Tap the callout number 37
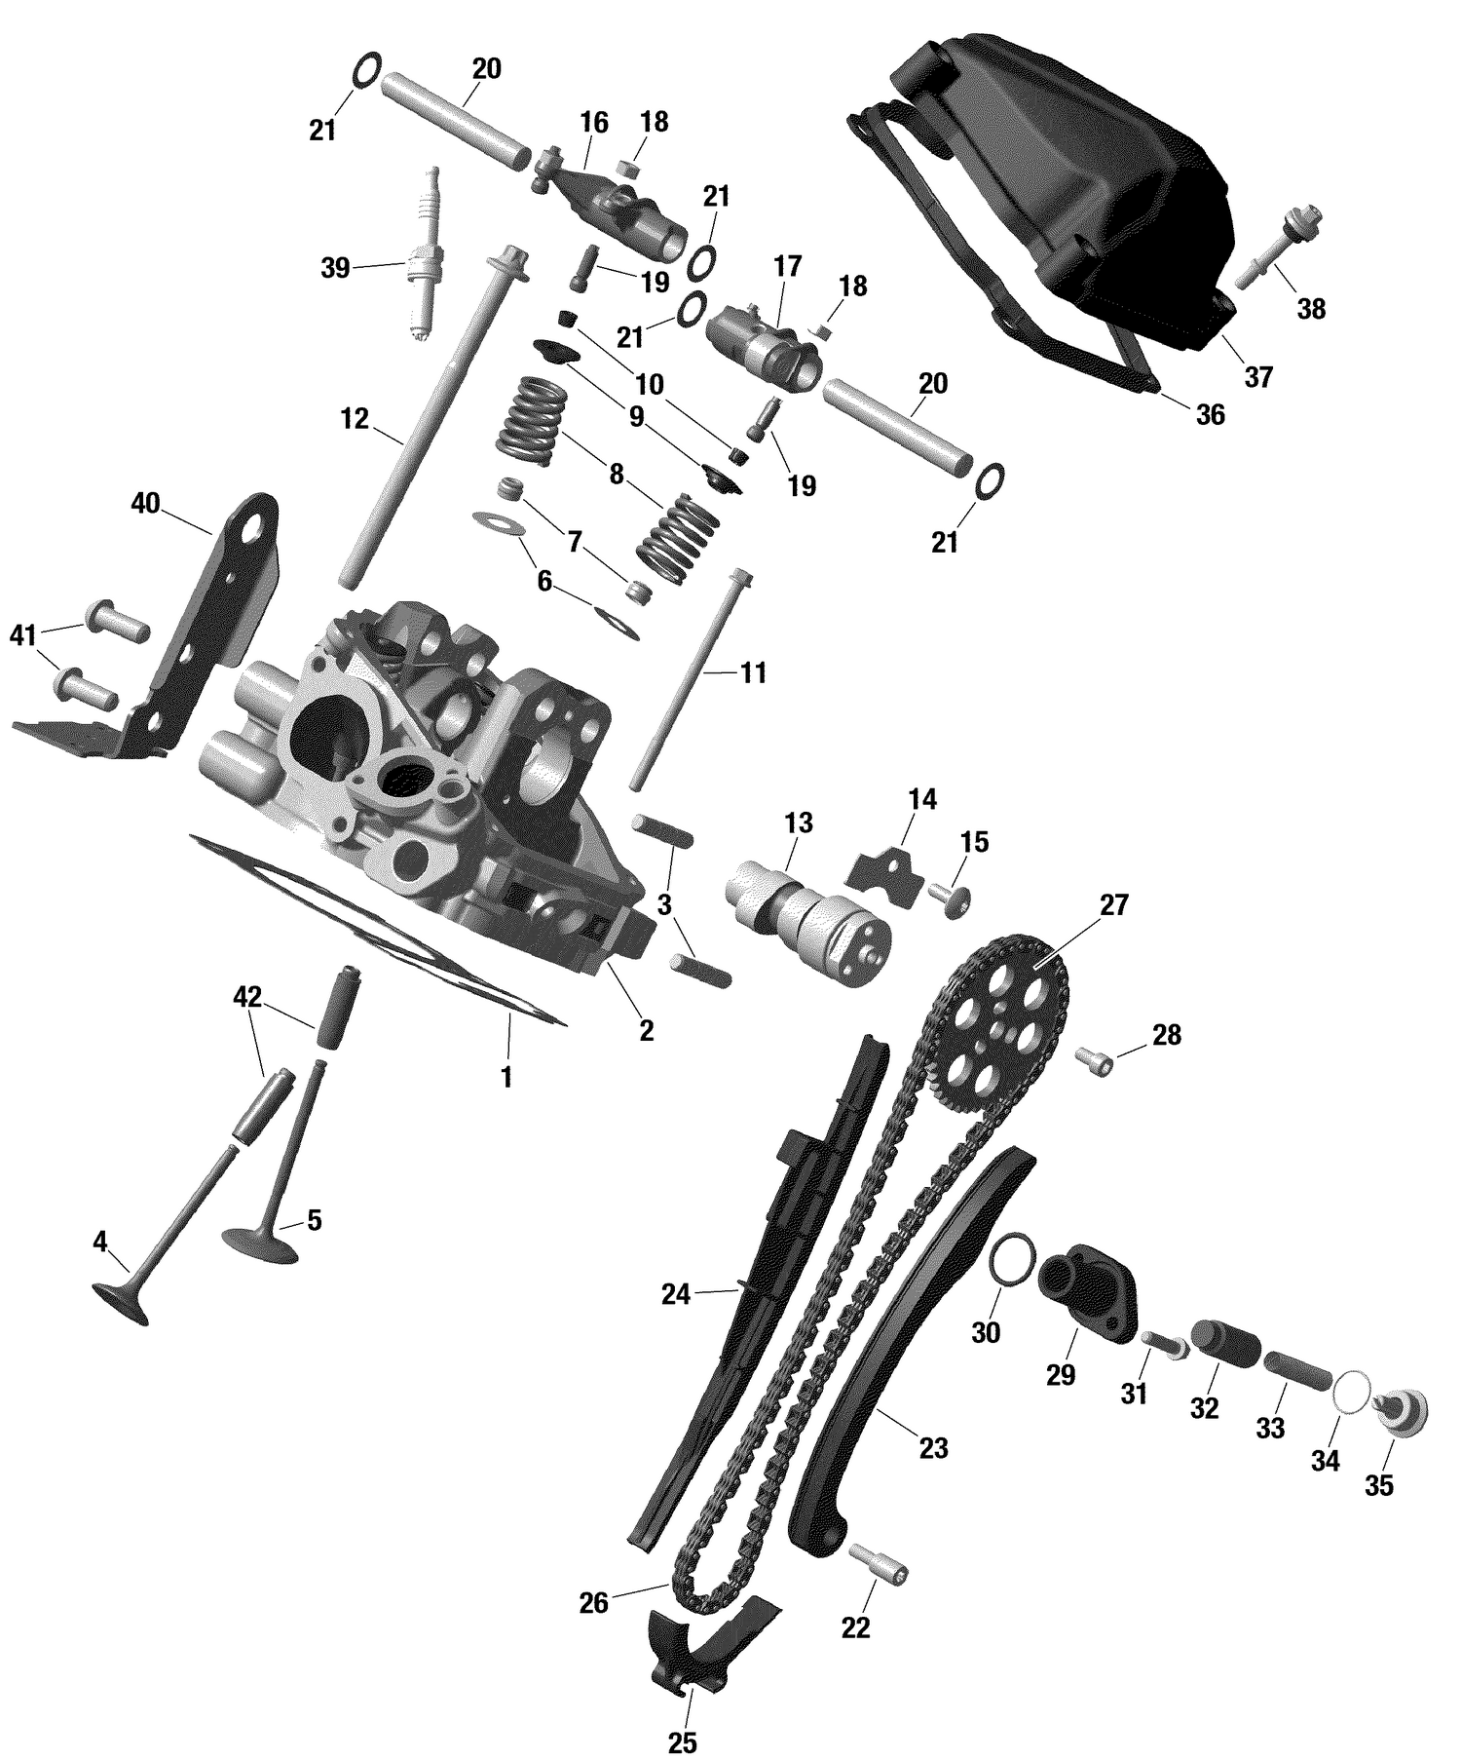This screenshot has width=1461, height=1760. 1258,376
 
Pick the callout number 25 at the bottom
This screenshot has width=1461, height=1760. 683,1741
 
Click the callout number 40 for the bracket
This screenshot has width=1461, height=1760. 146,503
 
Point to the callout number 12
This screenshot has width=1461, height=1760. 356,419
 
